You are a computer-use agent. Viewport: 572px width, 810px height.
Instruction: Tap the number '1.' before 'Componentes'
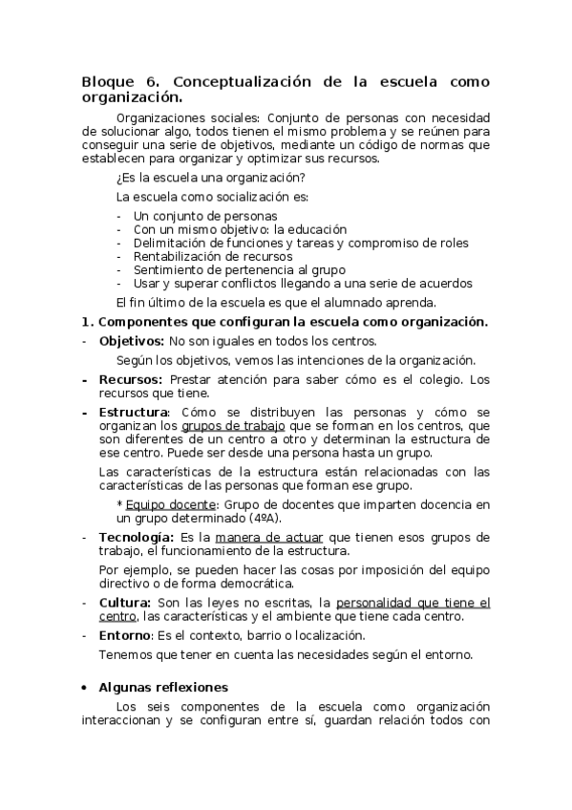(87, 322)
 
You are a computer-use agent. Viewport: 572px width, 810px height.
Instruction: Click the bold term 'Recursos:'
(132, 379)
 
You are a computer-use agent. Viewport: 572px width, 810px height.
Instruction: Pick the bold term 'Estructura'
(134, 412)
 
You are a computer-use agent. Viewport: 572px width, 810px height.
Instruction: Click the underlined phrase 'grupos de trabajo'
(229, 425)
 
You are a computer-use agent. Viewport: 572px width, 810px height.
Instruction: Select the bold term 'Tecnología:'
(137, 537)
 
